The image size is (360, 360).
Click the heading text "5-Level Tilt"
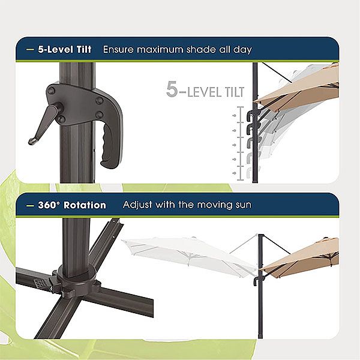coord(64,49)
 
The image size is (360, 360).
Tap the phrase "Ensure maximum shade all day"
coord(177,49)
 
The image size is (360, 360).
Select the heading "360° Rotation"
coord(71,205)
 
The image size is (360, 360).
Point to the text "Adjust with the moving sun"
coord(187,205)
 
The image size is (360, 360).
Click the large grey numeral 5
coord(172,91)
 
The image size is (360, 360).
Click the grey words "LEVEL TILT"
coord(215,92)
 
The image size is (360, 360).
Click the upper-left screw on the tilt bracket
coord(52,91)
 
